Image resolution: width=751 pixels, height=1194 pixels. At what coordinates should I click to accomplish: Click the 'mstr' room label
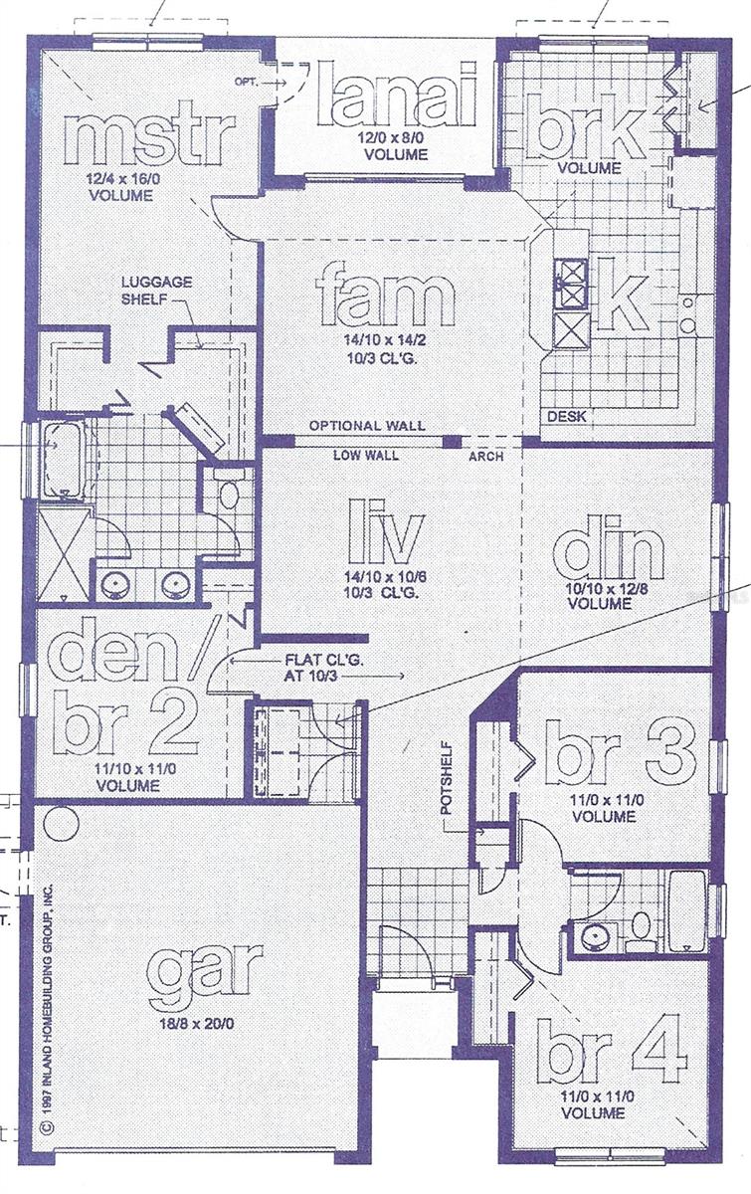coord(149,138)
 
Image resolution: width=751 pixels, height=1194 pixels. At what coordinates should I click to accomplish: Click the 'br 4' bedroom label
coord(611,1051)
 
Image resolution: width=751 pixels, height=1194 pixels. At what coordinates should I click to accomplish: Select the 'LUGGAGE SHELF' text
coord(157,291)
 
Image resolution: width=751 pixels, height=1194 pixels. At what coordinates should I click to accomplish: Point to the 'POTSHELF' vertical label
coord(447,776)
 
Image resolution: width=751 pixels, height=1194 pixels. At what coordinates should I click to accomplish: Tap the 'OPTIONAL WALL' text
coord(366,425)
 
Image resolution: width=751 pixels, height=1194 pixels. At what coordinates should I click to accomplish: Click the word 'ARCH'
coord(485,457)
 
